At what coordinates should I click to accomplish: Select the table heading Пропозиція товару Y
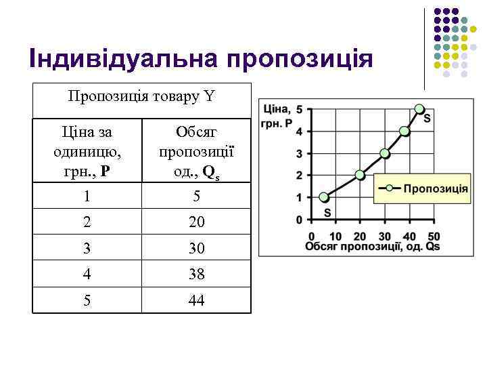pos(141,97)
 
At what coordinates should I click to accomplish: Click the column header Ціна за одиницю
pos(87,150)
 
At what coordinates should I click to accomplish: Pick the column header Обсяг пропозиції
pos(196,150)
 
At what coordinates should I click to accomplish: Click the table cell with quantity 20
pos(196,222)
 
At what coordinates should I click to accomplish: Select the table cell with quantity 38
pos(196,274)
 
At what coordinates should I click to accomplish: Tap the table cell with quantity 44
pos(196,300)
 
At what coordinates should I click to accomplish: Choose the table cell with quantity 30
pos(196,249)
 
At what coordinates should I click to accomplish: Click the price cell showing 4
pos(87,274)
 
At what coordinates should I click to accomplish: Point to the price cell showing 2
pos(87,222)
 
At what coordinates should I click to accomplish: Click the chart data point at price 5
pos(419,108)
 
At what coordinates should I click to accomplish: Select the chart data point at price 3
pos(385,153)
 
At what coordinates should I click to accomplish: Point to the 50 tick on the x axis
pos(435,236)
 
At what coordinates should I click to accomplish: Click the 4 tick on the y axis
pos(300,131)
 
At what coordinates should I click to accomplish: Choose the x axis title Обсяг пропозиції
pos(372,247)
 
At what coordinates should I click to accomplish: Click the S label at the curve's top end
pos(427,119)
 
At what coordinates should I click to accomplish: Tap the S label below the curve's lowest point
pos(327,212)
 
